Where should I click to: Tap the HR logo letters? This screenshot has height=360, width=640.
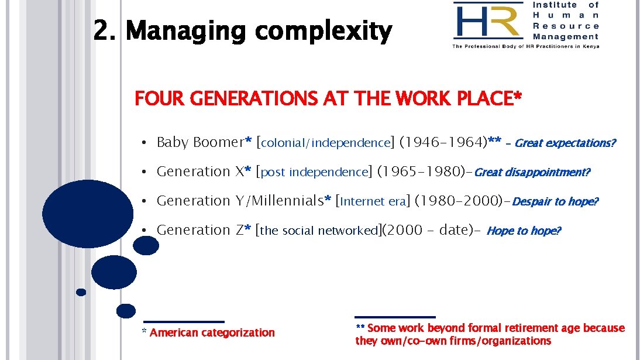coord(487,21)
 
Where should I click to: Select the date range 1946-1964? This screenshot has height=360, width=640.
coord(443,142)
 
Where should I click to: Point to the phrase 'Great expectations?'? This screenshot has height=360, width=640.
coord(565,143)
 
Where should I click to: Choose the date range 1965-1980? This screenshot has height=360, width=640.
coord(421,172)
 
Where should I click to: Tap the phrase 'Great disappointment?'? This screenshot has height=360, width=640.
coord(532,172)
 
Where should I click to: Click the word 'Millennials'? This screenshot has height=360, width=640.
coord(285,201)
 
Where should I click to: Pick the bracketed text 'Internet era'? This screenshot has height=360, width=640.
coord(372,201)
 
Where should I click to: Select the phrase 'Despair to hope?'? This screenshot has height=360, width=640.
coord(555,201)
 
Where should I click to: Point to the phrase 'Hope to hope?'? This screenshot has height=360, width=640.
coord(524,231)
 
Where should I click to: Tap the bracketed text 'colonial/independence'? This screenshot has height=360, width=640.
coord(325,143)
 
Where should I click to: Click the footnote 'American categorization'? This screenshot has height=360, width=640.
coord(212,332)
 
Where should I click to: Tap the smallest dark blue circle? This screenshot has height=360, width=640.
coord(81,292)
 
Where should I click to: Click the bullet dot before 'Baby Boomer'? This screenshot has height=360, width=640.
coord(143,143)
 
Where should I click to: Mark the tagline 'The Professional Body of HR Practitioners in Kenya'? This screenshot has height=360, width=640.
coord(525,46)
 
